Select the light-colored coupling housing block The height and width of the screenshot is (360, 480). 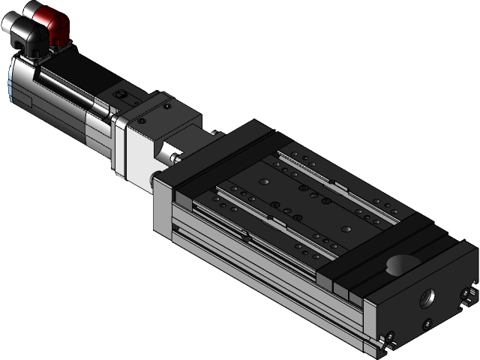(139, 146)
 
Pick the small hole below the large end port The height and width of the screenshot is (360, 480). (427, 324)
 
